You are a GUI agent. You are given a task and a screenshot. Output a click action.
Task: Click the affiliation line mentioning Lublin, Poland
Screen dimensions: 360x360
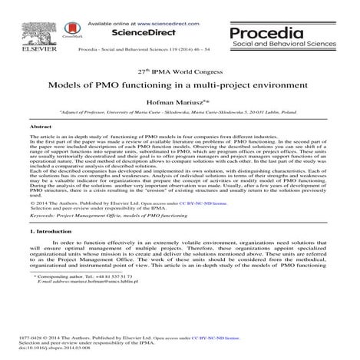pos(179,112)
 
